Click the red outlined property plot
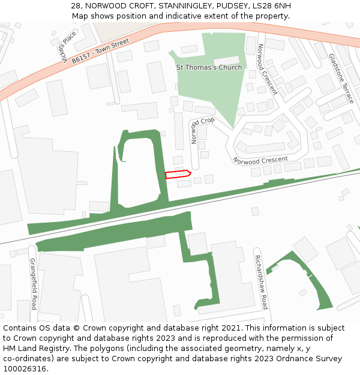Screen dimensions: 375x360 point(178,174)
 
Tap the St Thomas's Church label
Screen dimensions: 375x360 point(209,67)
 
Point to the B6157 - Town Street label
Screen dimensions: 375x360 point(100,52)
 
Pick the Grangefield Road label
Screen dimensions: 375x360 point(34,283)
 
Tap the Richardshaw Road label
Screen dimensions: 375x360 point(261,282)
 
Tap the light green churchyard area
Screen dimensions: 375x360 point(222,90)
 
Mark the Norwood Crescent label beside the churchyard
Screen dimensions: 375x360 point(267,70)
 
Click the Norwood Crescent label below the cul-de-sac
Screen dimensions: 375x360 point(260,160)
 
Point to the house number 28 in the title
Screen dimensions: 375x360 point(75,6)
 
